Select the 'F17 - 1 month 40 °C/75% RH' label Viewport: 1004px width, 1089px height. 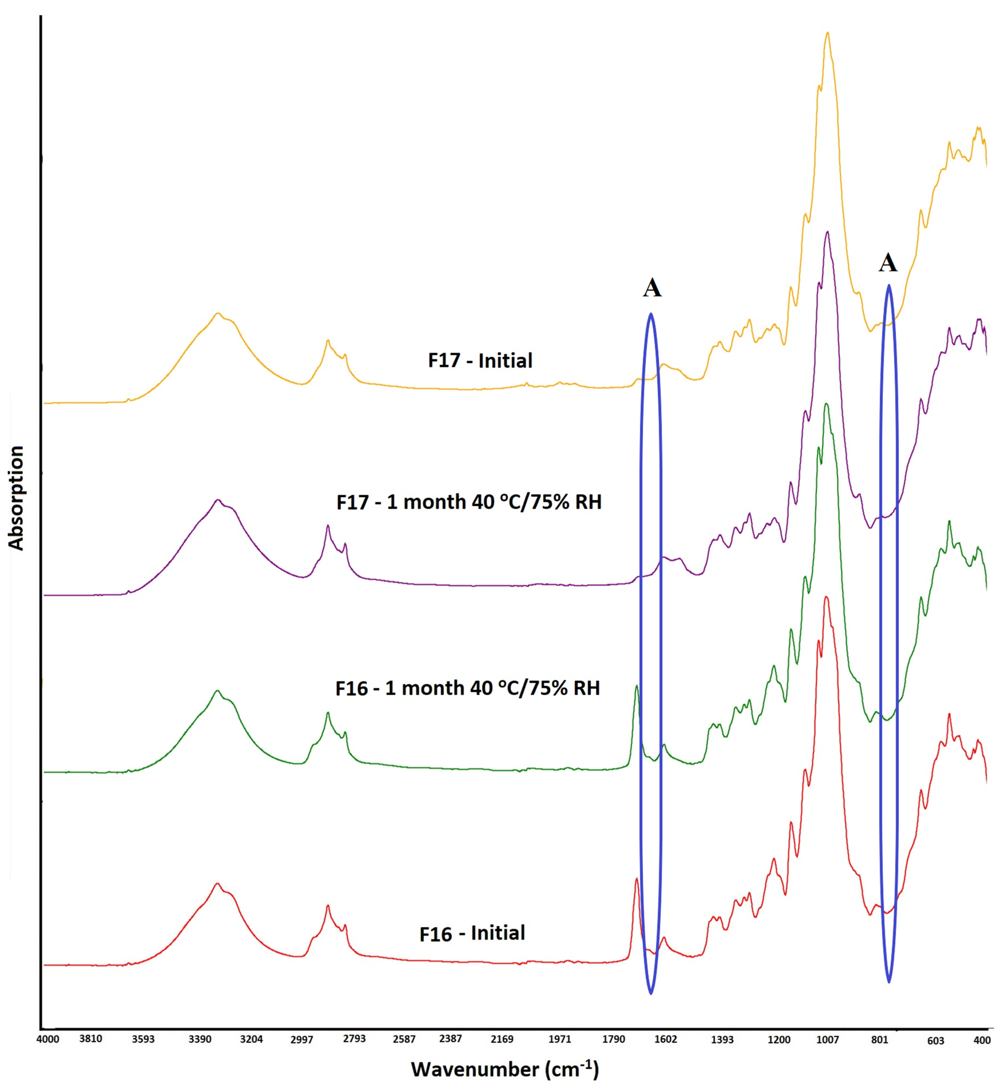469,502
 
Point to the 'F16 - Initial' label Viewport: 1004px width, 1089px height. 472,932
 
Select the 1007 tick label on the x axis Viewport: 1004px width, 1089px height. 827,1039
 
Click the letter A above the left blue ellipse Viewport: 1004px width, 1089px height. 652,288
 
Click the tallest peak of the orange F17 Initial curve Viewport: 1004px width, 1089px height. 827,34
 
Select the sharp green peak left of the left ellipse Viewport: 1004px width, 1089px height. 636,687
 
